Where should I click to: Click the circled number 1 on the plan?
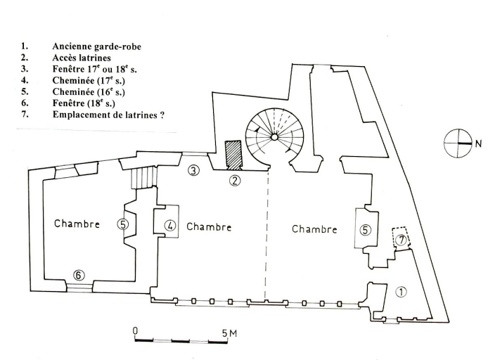tap(401, 291)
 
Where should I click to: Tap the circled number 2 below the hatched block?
tap(236, 181)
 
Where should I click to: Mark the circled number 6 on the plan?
tap(79, 274)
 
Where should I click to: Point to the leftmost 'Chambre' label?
tap(77, 224)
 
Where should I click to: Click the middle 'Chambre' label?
tap(209, 227)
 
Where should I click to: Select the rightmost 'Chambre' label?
tap(314, 229)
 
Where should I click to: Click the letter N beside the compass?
tap(478, 144)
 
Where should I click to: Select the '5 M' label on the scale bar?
tap(229, 333)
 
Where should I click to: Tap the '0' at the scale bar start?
tap(134, 331)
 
